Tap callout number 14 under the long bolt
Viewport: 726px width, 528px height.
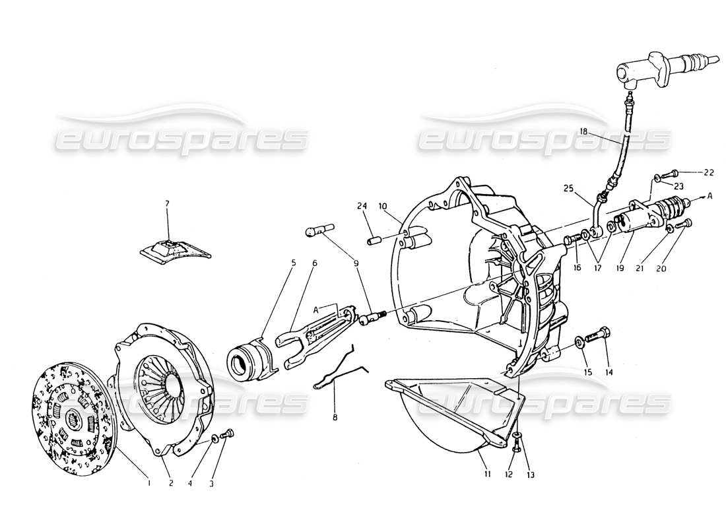click(609, 372)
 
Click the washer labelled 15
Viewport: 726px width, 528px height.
click(579, 342)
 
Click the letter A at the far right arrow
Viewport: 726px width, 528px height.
click(710, 196)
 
